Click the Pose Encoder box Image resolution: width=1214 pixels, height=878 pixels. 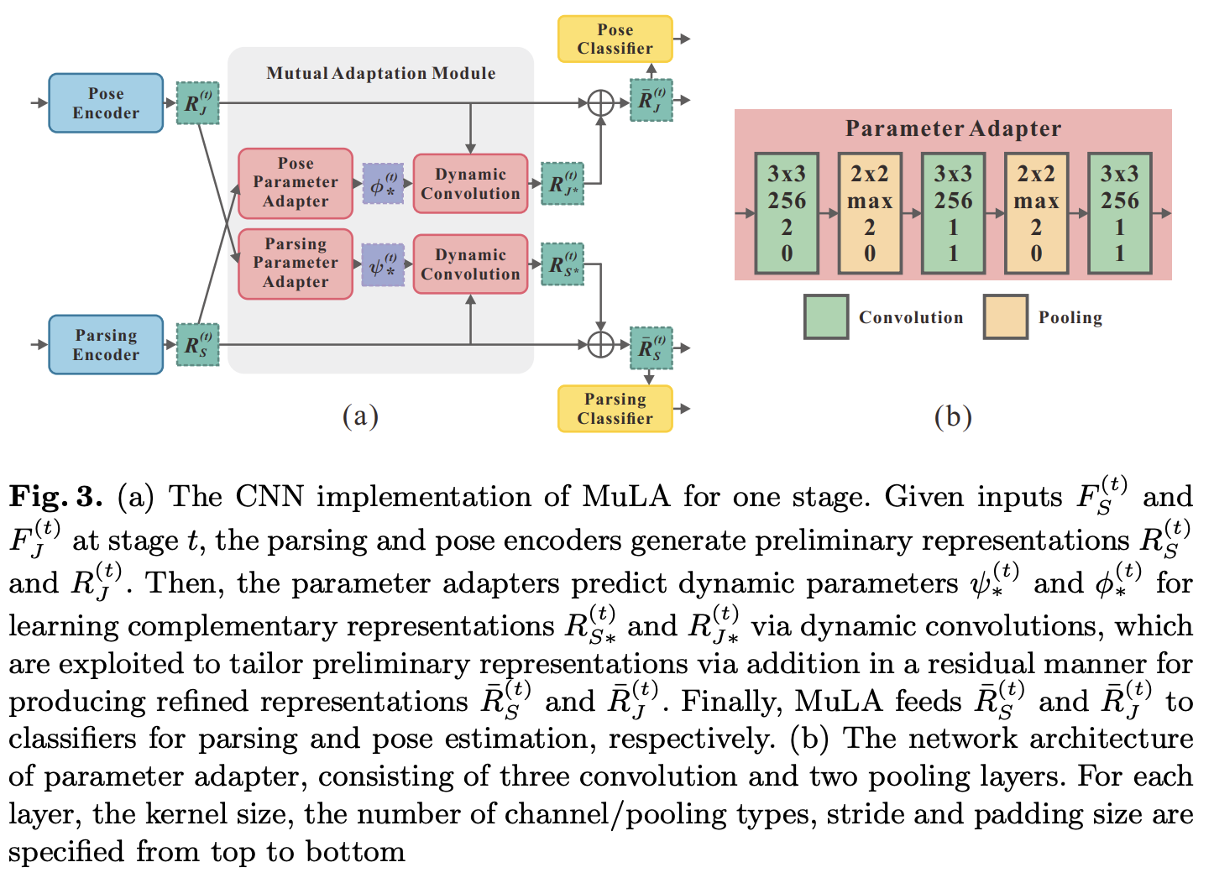[106, 103]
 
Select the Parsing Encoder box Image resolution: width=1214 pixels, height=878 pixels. [106, 344]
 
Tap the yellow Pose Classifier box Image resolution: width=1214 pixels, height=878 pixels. [615, 39]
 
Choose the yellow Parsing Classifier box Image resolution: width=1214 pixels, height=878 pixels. [615, 409]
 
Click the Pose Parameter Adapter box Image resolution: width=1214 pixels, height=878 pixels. [296, 183]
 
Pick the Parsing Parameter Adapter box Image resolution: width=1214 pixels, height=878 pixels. [296, 264]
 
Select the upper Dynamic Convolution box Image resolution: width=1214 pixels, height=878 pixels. [470, 184]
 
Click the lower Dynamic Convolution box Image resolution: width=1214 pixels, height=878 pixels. [470, 264]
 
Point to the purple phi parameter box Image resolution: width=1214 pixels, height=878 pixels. [384, 184]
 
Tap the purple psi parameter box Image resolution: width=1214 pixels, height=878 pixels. [384, 265]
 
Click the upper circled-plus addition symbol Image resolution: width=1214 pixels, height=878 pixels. [600, 103]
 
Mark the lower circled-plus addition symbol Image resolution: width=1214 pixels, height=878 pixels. [600, 344]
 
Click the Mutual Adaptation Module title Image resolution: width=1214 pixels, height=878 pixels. [381, 74]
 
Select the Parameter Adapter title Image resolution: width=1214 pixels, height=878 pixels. [953, 128]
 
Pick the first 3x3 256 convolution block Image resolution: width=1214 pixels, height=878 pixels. [787, 213]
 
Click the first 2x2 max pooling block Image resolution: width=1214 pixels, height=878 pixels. [870, 213]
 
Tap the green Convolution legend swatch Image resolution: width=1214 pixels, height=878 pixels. [826, 316]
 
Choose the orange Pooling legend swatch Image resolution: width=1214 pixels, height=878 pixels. [1006, 316]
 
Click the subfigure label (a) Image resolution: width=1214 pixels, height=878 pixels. [360, 416]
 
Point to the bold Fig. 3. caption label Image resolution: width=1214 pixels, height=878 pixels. [55, 497]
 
